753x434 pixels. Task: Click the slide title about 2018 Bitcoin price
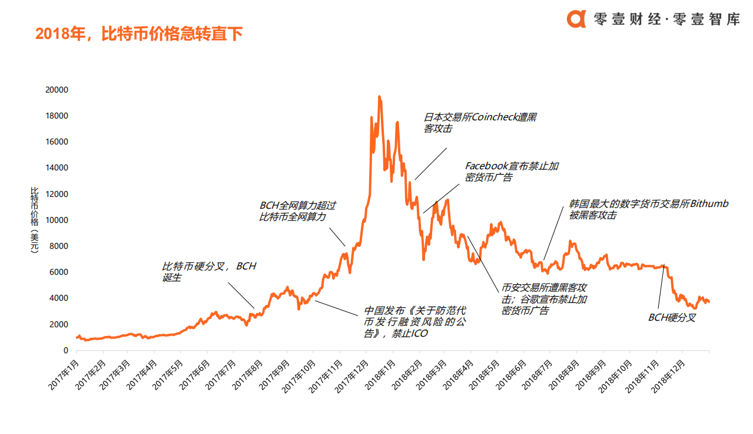coord(139,34)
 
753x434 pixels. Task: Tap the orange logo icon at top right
coord(576,18)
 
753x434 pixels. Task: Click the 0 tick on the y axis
coord(65,350)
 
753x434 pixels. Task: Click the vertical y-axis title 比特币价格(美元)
coord(34,220)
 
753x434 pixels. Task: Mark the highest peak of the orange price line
coord(379,97)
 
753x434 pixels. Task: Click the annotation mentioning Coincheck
coord(480,123)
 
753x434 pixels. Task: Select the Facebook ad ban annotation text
coord(511,172)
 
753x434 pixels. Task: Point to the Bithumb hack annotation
coord(648,209)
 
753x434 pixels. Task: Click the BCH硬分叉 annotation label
coord(672,317)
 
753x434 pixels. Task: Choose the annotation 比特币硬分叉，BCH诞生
coord(209,271)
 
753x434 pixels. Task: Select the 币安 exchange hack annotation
coord(543,299)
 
